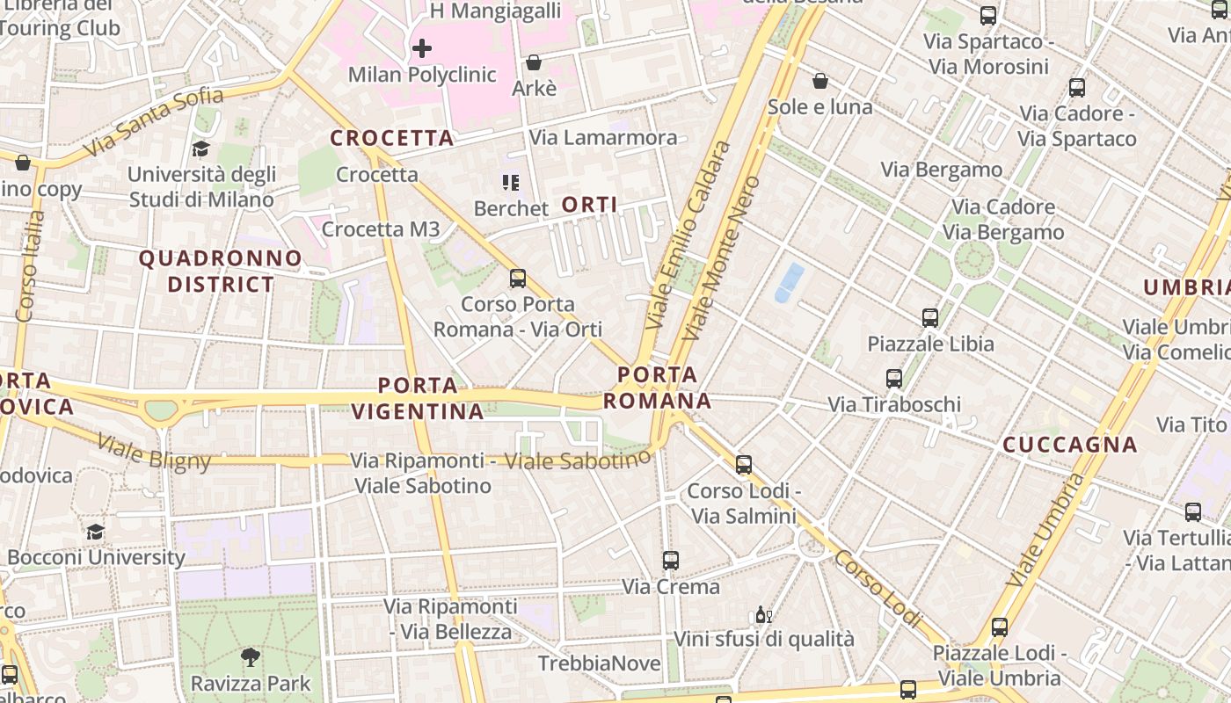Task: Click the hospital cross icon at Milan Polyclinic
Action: pyautogui.click(x=422, y=47)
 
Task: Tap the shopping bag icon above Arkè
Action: pyautogui.click(x=533, y=62)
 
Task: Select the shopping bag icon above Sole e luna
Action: pyautogui.click(x=820, y=81)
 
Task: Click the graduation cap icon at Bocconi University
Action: pyautogui.click(x=95, y=532)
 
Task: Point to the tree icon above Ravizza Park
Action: pyautogui.click(x=251, y=656)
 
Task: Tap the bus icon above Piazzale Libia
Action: pyautogui.click(x=930, y=317)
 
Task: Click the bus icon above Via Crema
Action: pyautogui.click(x=671, y=560)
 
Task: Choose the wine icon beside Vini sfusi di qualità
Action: pyautogui.click(x=763, y=614)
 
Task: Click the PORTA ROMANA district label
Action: pyautogui.click(x=657, y=388)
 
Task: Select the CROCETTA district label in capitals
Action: pyautogui.click(x=392, y=138)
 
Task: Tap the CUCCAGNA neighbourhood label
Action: pyautogui.click(x=1070, y=445)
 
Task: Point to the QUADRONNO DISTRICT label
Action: pyautogui.click(x=221, y=271)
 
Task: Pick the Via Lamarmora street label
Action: pyautogui.click(x=603, y=137)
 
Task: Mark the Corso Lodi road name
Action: pyautogui.click(x=878, y=588)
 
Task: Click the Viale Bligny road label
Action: pyautogui.click(x=154, y=452)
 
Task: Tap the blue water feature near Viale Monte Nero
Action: pyautogui.click(x=789, y=282)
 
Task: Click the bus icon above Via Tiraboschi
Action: pyautogui.click(x=894, y=379)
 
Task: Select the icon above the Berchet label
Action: pyautogui.click(x=511, y=183)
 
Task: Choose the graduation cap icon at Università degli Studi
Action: pyautogui.click(x=201, y=149)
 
